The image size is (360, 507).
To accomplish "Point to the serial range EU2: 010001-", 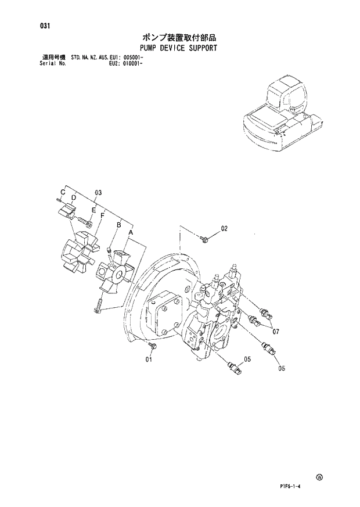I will (126, 64).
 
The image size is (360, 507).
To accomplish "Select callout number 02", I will (224, 229).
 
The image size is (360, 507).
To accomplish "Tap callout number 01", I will (149, 359).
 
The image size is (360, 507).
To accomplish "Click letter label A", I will (131, 232).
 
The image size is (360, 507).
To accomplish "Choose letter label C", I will (62, 192).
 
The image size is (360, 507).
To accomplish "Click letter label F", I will (102, 215).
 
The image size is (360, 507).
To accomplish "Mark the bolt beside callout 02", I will (205, 238).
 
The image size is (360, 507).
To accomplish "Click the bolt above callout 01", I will (152, 346).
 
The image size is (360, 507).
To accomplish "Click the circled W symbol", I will (319, 477).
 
